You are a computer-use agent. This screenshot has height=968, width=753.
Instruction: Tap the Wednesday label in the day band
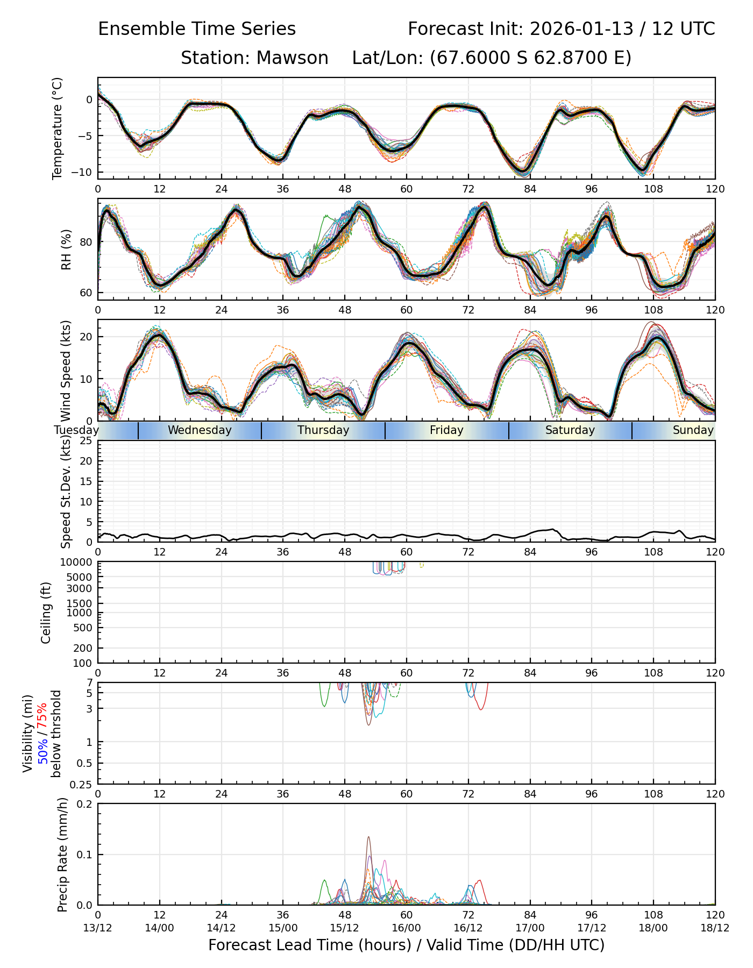pyautogui.click(x=200, y=430)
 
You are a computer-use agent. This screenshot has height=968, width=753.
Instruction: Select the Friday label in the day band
pyautogui.click(x=446, y=430)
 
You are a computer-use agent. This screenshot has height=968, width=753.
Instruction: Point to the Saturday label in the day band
pyautogui.click(x=570, y=430)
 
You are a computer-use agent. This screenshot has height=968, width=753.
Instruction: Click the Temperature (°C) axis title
pyautogui.click(x=58, y=128)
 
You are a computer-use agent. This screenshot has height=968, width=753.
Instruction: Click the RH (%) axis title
pyautogui.click(x=66, y=250)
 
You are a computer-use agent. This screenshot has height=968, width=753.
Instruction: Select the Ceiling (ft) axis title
pyautogui.click(x=46, y=613)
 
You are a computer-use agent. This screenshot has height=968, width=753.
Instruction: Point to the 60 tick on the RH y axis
pyautogui.click(x=86, y=293)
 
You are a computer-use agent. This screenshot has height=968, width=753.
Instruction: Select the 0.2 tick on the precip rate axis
pyautogui.click(x=85, y=804)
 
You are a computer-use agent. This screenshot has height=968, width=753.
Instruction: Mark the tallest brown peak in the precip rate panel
pyautogui.click(x=368, y=837)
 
